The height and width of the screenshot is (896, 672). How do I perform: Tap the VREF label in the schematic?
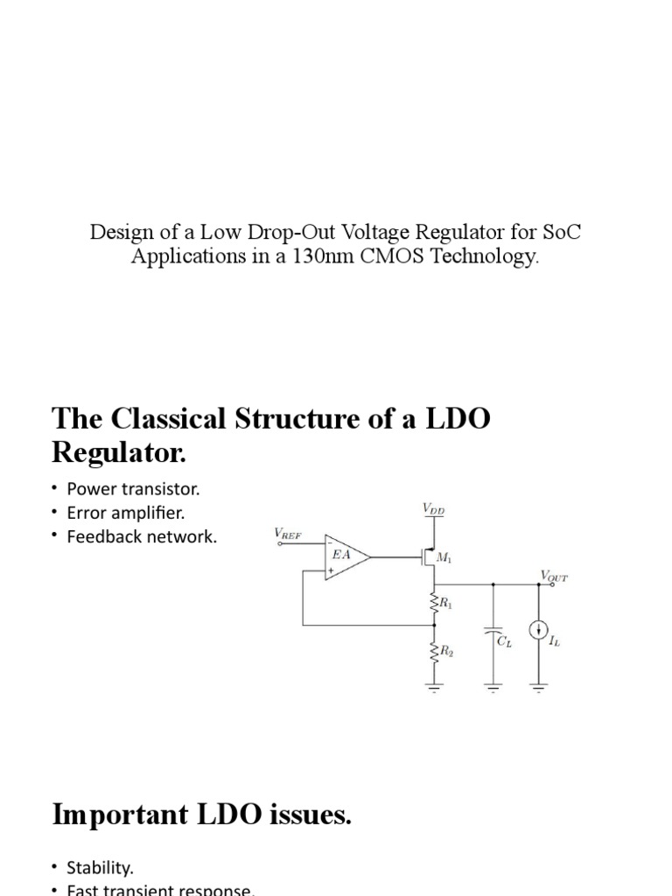(x=290, y=533)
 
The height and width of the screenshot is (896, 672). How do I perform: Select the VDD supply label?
(x=433, y=507)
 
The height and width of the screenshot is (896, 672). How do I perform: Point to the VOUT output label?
(x=553, y=575)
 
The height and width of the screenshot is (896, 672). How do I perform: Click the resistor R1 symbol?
(x=434, y=603)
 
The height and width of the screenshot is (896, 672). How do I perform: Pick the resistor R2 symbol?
(x=434, y=653)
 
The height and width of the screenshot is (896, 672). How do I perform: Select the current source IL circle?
(x=538, y=631)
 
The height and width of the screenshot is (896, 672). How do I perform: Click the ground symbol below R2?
(x=434, y=687)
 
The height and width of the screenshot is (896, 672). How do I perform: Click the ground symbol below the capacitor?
(x=493, y=687)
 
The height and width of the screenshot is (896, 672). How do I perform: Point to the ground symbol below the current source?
(x=538, y=687)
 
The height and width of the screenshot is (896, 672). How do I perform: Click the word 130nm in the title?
(x=327, y=256)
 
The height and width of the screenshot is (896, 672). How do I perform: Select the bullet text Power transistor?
(x=139, y=488)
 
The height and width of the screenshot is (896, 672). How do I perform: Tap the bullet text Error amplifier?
(x=132, y=513)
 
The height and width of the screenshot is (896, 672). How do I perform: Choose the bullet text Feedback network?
(x=141, y=536)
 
